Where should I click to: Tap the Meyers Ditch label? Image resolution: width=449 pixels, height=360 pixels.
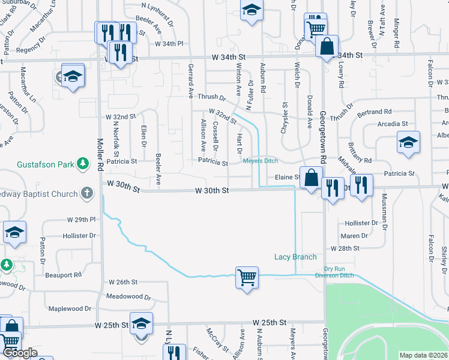pos(260,160)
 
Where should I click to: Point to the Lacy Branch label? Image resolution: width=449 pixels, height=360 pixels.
pos(295,257)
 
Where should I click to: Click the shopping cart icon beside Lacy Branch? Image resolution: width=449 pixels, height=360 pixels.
pos(247,277)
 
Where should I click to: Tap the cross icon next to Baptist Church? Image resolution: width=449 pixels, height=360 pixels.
pos(87,194)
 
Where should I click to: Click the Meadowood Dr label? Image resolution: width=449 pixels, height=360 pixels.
pos(125,296)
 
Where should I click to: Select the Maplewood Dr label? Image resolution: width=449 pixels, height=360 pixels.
pos(70,308)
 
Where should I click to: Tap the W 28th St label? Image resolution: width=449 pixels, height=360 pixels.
pos(345,248)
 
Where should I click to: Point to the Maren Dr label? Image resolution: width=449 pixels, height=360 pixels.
pos(354,236)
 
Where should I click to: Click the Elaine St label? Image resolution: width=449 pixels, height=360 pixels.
pos(287,177)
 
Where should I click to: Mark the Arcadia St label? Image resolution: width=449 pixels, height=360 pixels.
pos(393,124)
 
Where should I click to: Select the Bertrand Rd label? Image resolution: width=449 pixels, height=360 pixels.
pos(374,112)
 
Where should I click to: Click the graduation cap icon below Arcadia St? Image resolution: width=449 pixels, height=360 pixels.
pos(408,142)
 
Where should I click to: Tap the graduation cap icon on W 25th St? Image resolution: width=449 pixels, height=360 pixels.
pos(141,324)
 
